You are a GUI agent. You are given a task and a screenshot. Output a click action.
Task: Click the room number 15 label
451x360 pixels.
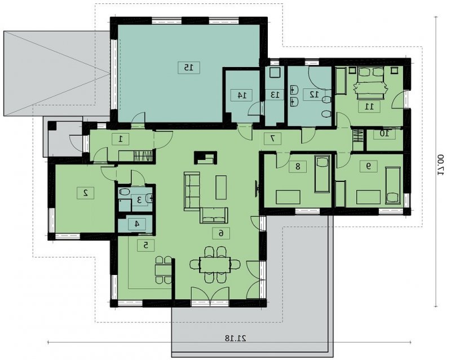click(188, 68)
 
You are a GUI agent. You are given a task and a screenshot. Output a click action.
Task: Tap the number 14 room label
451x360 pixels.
click(242, 95)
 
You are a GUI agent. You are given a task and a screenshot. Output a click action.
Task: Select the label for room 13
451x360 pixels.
click(275, 95)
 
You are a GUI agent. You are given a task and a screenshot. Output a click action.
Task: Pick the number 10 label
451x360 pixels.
click(384, 134)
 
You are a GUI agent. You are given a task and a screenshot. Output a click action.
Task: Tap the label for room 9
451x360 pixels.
click(369, 166)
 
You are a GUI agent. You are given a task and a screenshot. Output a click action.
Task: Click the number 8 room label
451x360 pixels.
click(298, 166)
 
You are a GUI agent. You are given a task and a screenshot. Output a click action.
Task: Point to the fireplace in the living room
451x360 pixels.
click(206, 158)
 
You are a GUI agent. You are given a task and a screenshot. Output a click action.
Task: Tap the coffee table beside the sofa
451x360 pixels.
click(221, 188)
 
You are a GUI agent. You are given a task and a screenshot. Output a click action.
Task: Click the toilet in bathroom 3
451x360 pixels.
click(125, 192)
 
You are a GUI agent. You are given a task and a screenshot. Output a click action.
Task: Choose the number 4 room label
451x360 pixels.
click(137, 224)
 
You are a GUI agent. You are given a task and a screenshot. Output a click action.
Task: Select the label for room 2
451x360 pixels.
click(86, 193)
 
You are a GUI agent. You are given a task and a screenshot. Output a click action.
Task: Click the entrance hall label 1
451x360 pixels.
click(120, 139)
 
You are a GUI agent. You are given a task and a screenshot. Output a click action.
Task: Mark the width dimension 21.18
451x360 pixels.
click(235, 338)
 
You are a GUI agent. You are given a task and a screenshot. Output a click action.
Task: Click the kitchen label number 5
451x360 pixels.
click(146, 245)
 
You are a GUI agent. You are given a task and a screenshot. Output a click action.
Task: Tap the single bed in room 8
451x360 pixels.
click(322, 174)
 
